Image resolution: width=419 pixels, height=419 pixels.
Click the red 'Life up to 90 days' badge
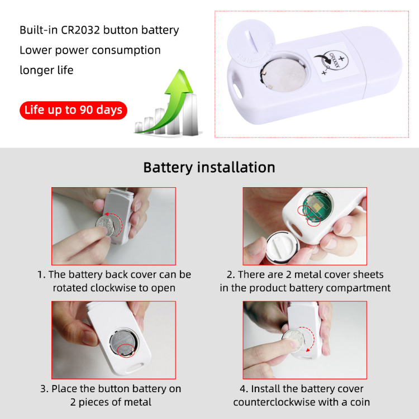click(x=73, y=109)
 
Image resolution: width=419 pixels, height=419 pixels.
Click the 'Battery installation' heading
click(x=209, y=168)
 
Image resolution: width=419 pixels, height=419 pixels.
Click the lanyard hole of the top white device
click(x=237, y=89)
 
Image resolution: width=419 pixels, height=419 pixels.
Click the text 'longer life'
click(x=46, y=70)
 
